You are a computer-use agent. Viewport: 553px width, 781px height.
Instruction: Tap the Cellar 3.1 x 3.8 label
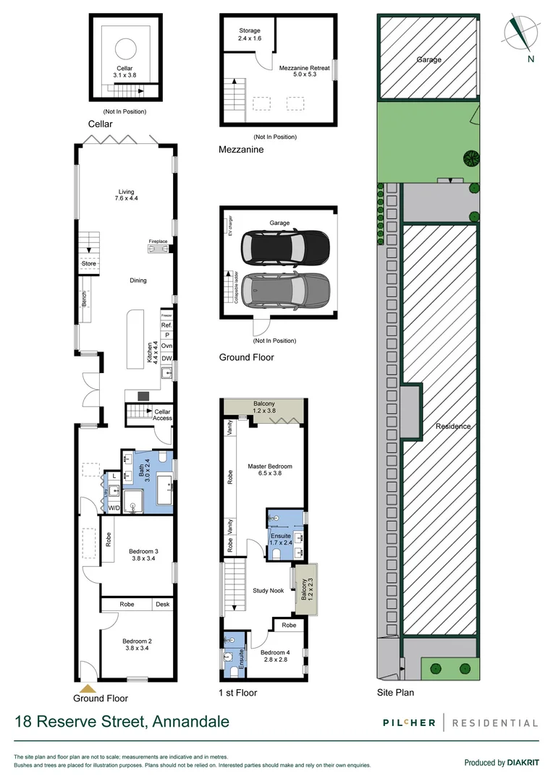click(125, 72)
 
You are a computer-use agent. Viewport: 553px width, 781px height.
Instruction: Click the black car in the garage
click(286, 247)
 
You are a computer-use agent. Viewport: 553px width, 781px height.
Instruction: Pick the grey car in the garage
click(285, 291)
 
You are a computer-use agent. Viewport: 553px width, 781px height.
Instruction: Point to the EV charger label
click(232, 226)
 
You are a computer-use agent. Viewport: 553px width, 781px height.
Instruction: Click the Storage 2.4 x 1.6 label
click(250, 34)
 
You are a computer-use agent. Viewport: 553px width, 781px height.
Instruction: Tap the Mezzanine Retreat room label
click(304, 71)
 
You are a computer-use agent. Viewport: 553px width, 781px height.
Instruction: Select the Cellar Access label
click(162, 414)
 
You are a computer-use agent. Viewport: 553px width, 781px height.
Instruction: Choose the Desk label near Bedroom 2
click(162, 605)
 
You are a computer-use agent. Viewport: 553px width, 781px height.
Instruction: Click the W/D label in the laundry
click(114, 508)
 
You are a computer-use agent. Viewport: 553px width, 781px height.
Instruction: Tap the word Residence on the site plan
click(453, 426)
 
